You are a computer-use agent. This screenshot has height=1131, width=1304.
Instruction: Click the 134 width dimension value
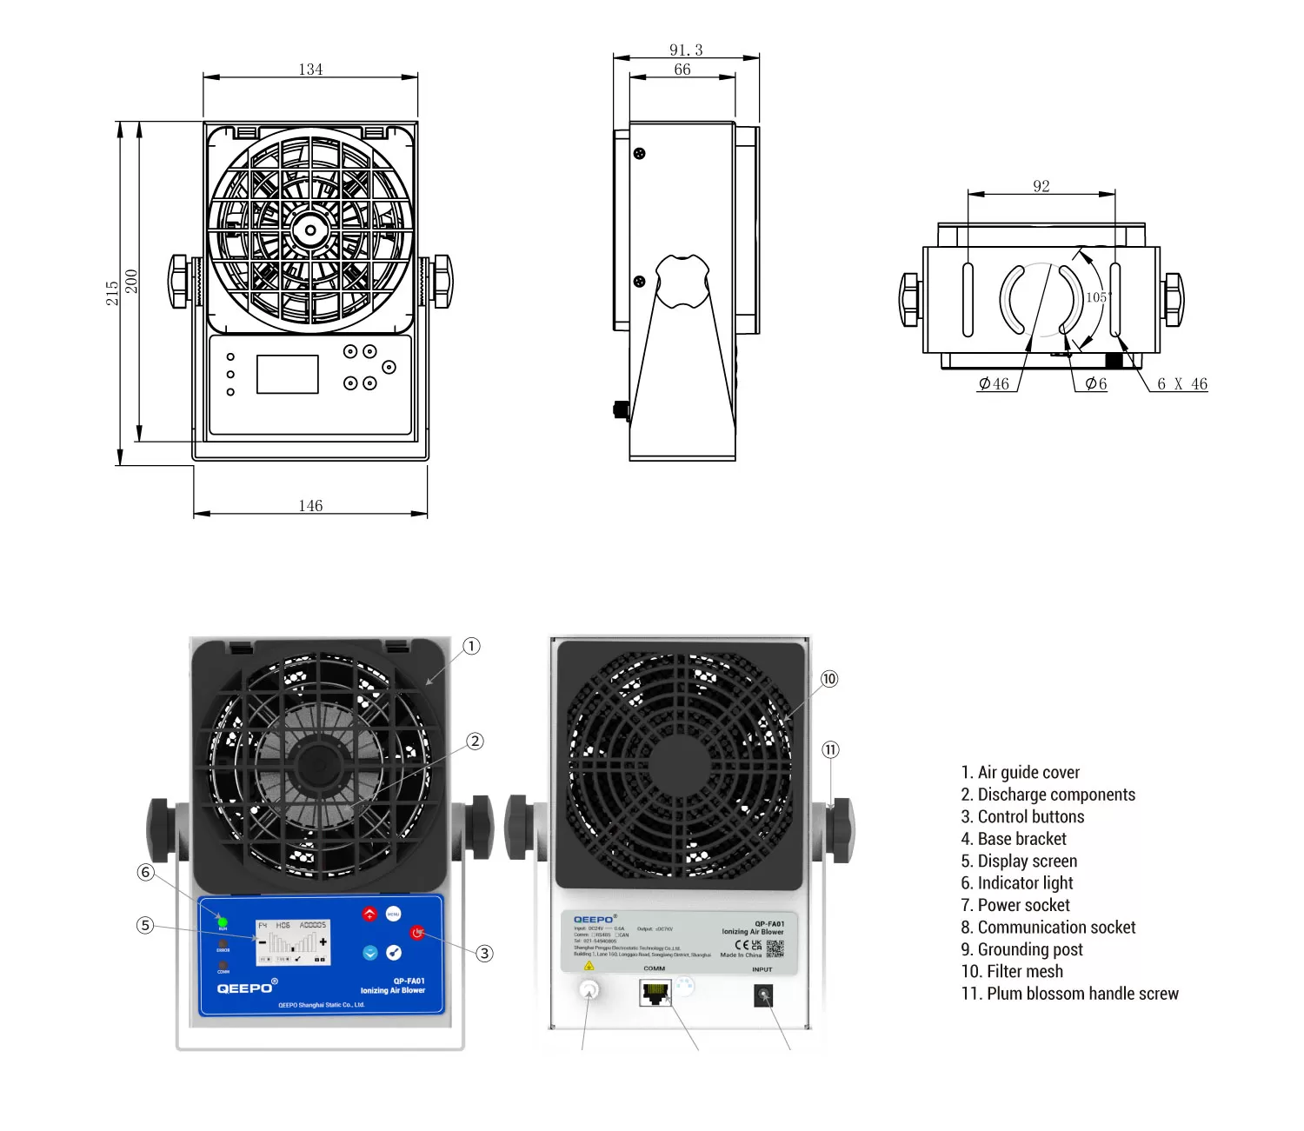point(310,70)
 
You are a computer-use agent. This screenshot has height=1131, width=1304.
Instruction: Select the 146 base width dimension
point(310,506)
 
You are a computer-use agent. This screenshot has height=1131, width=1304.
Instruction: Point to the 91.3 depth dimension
point(686,50)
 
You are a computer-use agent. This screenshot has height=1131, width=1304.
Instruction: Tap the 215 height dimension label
point(112,293)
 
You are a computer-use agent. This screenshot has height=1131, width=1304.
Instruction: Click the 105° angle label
point(1098,297)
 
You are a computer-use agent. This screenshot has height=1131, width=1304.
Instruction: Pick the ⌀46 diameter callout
point(994,384)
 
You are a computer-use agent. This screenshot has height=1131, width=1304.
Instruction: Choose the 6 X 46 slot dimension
point(1181,384)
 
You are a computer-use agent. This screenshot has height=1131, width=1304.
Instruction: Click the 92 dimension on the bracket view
point(1041,186)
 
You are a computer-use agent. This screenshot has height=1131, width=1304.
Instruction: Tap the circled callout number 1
point(471,646)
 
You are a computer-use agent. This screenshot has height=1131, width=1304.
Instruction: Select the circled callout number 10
point(829,679)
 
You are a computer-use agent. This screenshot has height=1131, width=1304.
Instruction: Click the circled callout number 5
point(145,925)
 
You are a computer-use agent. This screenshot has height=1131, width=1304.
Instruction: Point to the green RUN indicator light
point(223,921)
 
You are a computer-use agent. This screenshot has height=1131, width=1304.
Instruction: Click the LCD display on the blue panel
point(292,942)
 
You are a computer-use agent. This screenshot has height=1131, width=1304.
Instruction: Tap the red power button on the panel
point(417,933)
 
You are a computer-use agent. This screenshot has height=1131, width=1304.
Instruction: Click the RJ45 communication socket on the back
point(655,992)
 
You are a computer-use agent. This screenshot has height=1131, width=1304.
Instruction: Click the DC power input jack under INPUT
point(763,995)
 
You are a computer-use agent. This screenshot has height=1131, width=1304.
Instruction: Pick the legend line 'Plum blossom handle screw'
point(1070,994)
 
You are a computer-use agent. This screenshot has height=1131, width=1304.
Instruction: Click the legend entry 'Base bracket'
point(1014,839)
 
